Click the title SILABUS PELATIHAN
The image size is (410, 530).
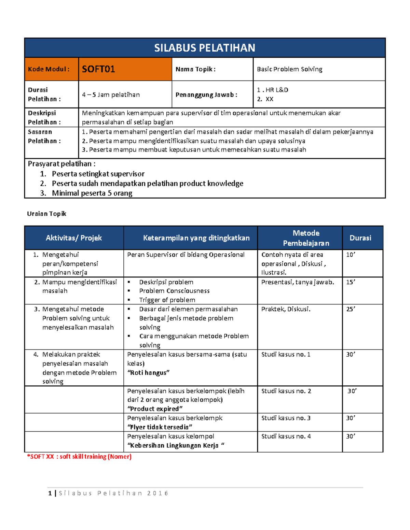(204, 48)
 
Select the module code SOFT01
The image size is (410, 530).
(98, 69)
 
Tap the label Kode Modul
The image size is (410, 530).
(49, 69)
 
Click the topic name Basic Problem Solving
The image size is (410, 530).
(289, 69)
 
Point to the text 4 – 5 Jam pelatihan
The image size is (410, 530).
(111, 95)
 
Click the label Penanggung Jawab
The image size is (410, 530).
(206, 95)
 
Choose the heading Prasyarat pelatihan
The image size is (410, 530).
(61, 164)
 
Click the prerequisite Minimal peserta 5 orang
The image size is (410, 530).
(92, 193)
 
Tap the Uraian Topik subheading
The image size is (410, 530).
(46, 214)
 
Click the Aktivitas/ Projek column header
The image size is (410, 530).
(74, 238)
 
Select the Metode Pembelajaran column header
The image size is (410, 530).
(306, 238)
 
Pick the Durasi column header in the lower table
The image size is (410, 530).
(360, 238)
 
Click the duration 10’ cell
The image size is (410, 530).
(351, 255)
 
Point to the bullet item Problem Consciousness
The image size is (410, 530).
(174, 291)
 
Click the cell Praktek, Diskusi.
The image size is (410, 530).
(286, 309)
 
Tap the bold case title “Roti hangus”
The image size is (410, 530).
(148, 373)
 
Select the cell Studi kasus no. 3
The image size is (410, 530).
(286, 418)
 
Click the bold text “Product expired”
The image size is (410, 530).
(155, 409)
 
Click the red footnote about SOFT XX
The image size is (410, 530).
(79, 457)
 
